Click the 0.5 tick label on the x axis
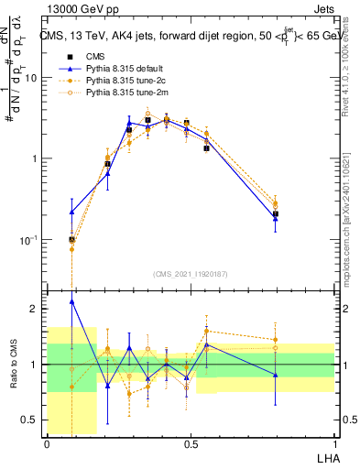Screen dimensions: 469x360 [x=191, y=443]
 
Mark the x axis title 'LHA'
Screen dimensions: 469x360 [x=324, y=457]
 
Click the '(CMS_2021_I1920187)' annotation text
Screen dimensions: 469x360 [x=191, y=273]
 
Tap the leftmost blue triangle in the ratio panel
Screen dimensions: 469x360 [x=72, y=301]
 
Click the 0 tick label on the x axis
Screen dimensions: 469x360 [x=47, y=443]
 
